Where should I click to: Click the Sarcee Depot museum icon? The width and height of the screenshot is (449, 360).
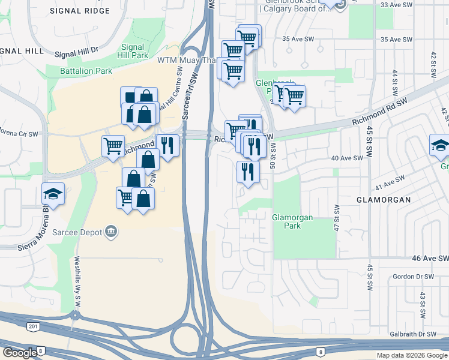point(110,231)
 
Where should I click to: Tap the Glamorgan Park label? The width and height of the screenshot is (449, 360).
point(292,222)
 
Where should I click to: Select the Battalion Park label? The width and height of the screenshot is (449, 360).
point(86,71)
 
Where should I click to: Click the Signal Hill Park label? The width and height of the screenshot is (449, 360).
point(133,51)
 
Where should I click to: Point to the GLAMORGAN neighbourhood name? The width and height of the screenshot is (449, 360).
point(384,200)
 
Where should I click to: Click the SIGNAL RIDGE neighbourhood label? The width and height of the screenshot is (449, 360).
point(80,11)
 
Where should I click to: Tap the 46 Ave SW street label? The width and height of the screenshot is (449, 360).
point(430,258)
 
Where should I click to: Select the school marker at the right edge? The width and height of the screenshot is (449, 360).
point(440,145)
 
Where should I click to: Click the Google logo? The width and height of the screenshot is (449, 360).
point(20,353)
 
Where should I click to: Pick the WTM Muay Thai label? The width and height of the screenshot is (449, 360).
point(184,61)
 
